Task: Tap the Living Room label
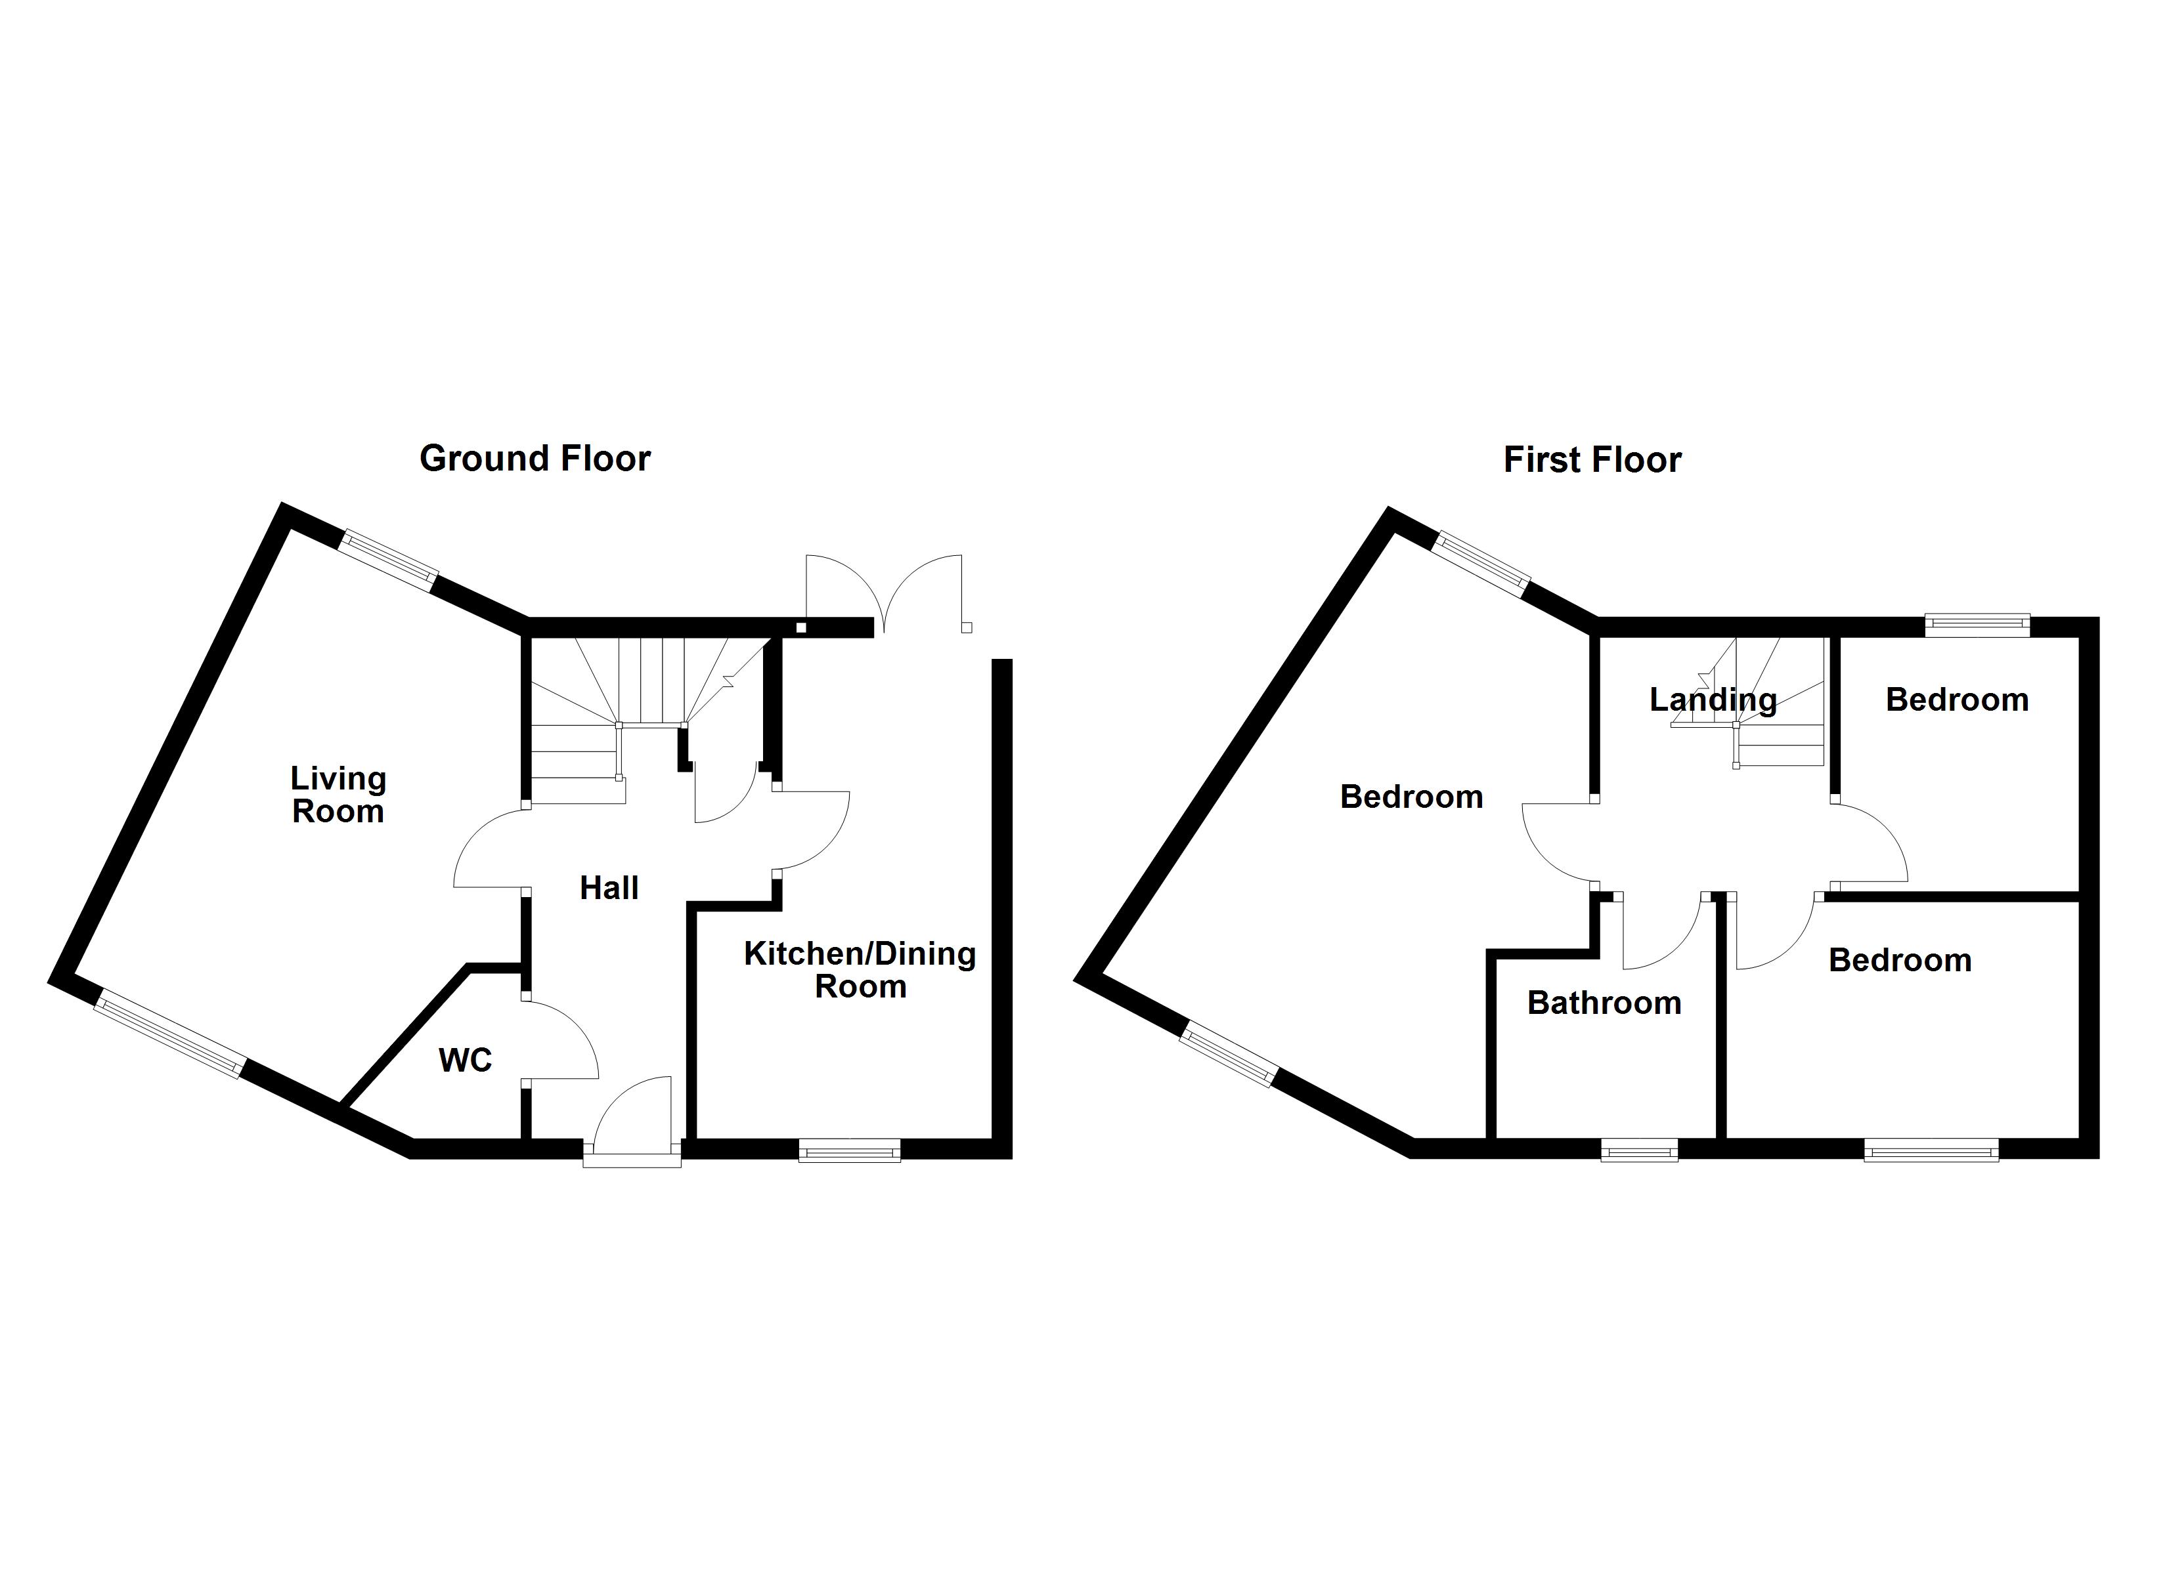(338, 795)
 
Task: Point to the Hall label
(609, 889)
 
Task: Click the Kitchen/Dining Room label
(860, 969)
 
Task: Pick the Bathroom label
(1604, 1003)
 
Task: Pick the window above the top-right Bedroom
(1976, 625)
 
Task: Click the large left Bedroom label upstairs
(1411, 797)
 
